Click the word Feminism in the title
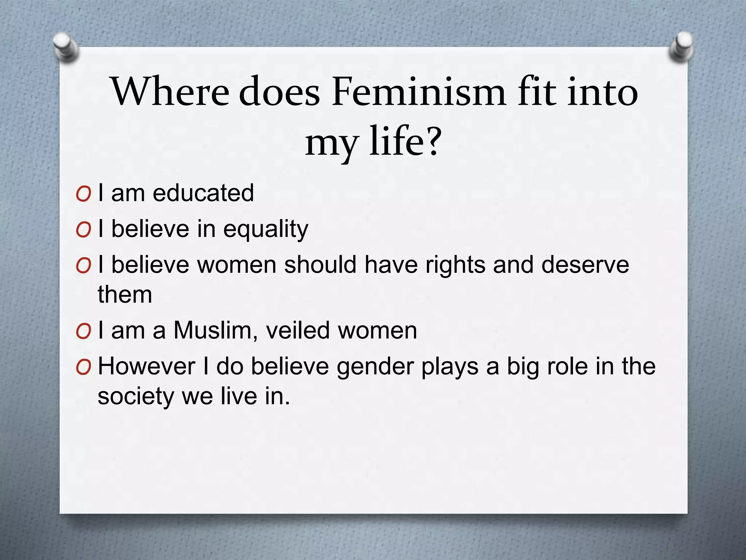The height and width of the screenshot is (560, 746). (x=419, y=92)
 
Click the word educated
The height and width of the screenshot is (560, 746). (x=203, y=193)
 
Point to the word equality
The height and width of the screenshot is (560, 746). (x=266, y=230)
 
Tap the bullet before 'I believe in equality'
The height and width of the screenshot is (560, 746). (x=83, y=231)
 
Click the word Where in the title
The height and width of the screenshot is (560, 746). (x=170, y=92)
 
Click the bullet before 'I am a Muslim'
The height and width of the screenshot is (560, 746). (x=83, y=332)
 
